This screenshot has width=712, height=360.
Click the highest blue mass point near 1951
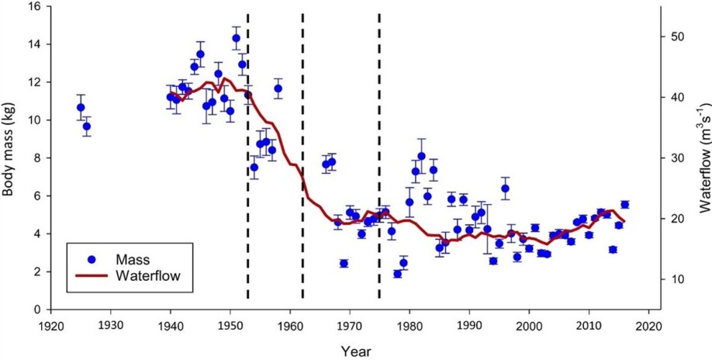[x=236, y=38]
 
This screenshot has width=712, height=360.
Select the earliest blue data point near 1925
[x=81, y=108]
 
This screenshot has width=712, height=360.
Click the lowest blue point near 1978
[x=397, y=274]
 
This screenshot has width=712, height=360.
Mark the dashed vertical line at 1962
[x=302, y=155]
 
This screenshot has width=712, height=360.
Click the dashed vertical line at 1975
[x=379, y=155]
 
